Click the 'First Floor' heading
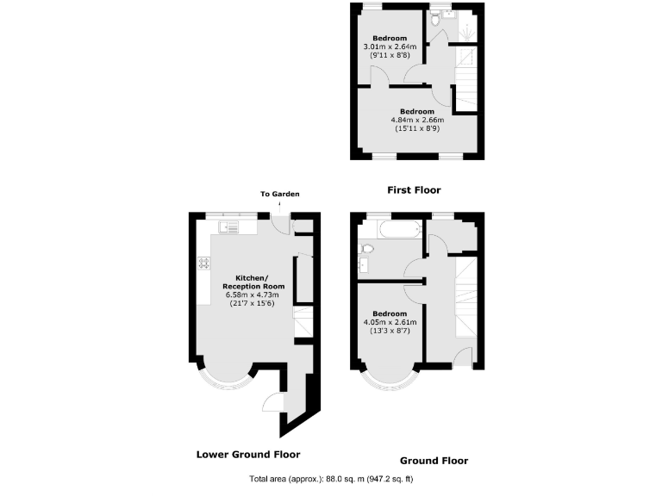tap(415, 189)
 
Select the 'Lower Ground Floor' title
tap(247, 454)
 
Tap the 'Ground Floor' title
tap(434, 461)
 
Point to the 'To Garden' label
tap(280, 195)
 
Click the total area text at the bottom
tap(331, 478)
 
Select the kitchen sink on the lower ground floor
tap(229, 227)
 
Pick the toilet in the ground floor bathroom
tap(366, 248)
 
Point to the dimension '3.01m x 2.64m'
tap(388, 47)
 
